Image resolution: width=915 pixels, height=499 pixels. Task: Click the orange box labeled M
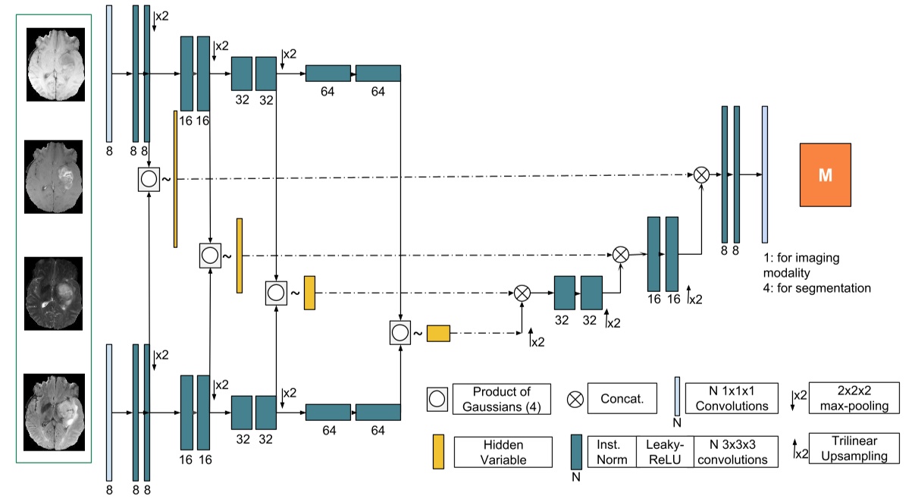(x=825, y=175)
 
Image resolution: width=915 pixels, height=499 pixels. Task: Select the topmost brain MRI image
(x=55, y=64)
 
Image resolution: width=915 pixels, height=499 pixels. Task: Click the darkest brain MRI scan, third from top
(x=55, y=293)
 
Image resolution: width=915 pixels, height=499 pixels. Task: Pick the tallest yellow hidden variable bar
(x=175, y=179)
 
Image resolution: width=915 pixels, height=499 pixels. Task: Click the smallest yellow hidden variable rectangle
(x=438, y=332)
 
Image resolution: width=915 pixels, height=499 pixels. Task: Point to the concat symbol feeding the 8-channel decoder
(x=701, y=174)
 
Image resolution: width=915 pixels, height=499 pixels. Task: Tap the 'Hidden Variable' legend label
(x=503, y=452)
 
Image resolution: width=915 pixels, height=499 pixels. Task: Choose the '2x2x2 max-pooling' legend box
(x=855, y=398)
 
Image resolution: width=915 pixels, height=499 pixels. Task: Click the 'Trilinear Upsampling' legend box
(x=855, y=448)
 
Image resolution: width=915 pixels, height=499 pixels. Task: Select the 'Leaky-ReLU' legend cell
(x=665, y=452)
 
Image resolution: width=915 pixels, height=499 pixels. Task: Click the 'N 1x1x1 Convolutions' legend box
(x=732, y=398)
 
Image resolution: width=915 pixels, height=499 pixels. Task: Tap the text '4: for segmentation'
(x=817, y=288)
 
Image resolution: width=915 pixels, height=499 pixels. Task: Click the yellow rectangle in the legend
(x=438, y=452)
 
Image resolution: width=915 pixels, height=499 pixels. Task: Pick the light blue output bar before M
(x=765, y=175)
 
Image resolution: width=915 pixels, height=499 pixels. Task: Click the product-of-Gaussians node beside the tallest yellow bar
(x=149, y=180)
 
